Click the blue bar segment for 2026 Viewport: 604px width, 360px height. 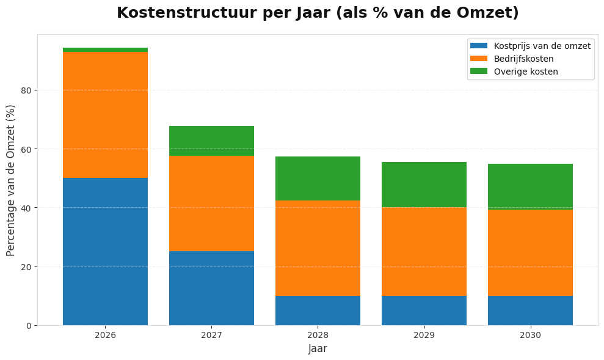click(105, 251)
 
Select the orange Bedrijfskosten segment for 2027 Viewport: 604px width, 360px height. click(211, 204)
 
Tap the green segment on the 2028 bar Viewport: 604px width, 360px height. click(318, 178)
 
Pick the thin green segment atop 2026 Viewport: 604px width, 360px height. click(105, 50)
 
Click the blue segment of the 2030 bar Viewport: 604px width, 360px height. click(530, 310)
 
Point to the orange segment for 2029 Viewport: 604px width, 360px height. click(424, 252)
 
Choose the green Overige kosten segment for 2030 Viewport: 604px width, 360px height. click(530, 186)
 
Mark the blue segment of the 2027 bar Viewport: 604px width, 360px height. click(211, 288)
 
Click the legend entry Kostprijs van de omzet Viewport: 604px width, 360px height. click(542, 46)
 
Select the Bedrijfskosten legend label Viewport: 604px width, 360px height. click(523, 59)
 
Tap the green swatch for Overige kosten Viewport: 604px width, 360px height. click(479, 72)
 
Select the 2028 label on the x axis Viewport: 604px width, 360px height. click(318, 336)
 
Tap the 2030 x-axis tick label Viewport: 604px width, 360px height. click(530, 336)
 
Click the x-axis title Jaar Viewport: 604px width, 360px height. click(318, 349)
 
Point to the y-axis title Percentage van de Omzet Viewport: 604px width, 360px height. click(11, 180)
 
